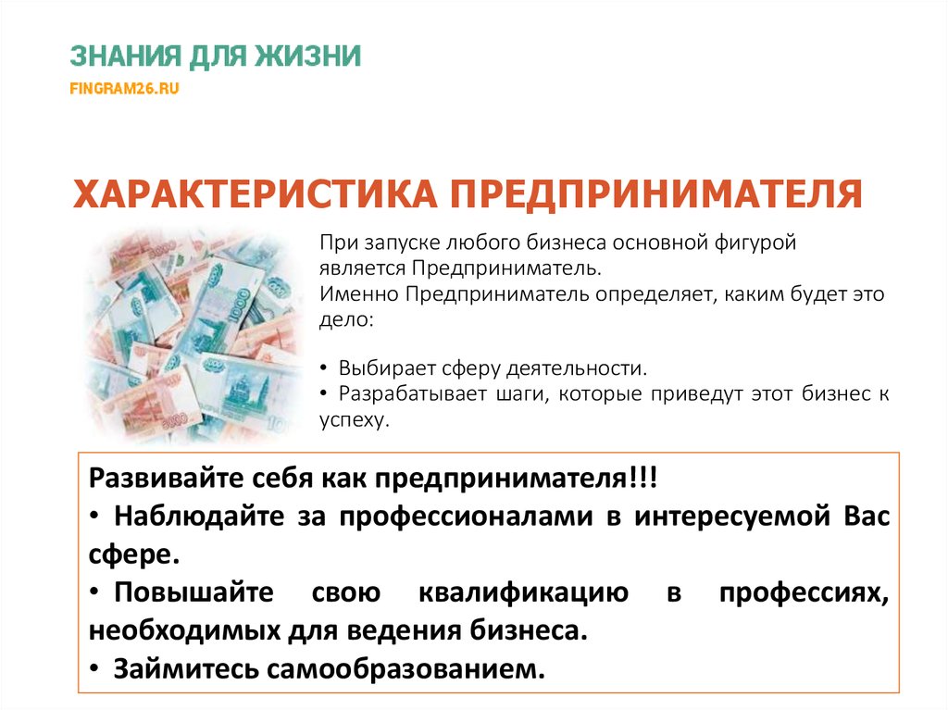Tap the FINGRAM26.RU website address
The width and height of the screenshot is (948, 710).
[x=124, y=89]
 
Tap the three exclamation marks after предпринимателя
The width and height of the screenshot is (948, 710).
[x=644, y=480]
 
